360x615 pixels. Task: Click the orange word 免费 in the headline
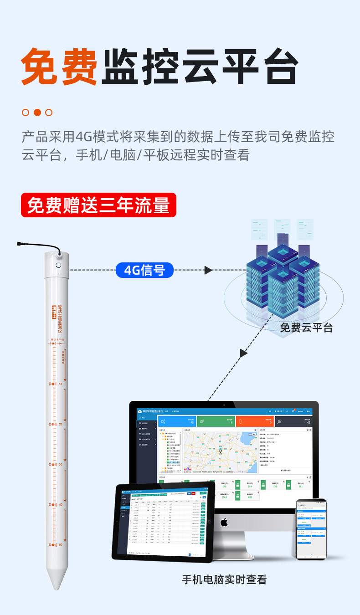click(59, 67)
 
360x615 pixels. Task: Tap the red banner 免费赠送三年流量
click(98, 205)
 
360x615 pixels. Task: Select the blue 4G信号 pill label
click(144, 270)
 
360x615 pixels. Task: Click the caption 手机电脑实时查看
click(224, 579)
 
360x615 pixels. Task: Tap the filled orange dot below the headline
click(37, 113)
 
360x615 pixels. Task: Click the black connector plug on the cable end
click(21, 244)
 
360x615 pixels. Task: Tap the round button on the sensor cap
click(58, 265)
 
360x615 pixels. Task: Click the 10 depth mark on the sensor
click(60, 384)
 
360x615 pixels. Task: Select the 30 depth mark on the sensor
click(60, 464)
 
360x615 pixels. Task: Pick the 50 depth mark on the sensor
click(60, 544)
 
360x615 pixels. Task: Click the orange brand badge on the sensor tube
click(55, 313)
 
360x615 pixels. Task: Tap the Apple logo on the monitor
click(224, 522)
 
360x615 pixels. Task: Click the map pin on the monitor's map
click(220, 451)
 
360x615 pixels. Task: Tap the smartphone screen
click(311, 530)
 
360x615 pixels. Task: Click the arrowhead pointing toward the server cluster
click(208, 270)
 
